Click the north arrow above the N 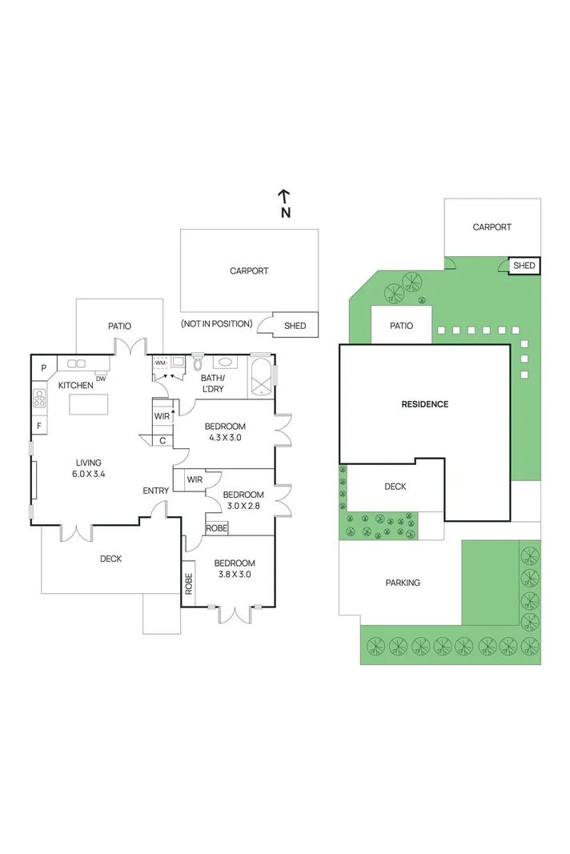pos(283,195)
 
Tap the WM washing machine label pos(160,363)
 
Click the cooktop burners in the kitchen pos(39,398)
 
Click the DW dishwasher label pos(101,379)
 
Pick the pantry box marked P pos(44,368)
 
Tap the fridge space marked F pos(39,426)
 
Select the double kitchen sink pos(77,363)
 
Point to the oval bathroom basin pos(225,362)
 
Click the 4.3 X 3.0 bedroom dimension pos(224,438)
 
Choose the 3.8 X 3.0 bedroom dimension pos(235,574)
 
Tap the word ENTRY pos(155,491)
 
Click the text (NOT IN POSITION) pos(216,323)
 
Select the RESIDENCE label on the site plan pos(424,404)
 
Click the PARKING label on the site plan pos(402,583)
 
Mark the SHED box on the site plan pos(524,266)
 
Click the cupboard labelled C pos(163,440)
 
